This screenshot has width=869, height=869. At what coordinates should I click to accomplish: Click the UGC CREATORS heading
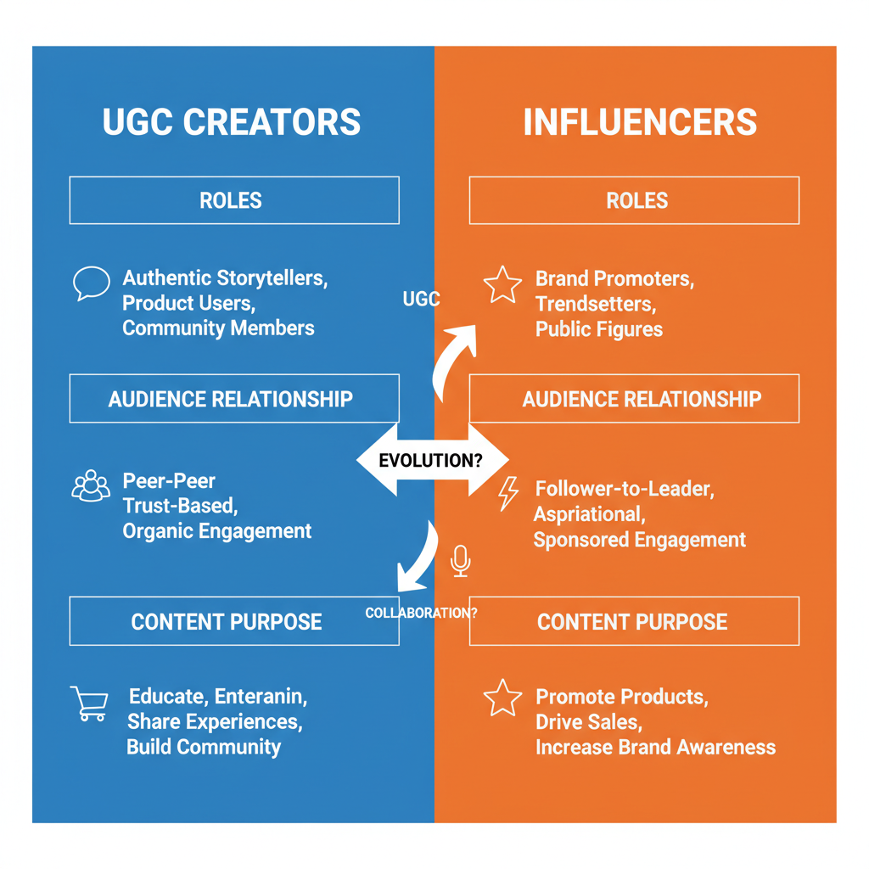[x=232, y=122]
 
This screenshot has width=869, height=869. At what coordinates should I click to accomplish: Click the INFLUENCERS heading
[x=640, y=122]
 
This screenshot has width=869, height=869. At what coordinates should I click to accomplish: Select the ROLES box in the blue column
[x=233, y=200]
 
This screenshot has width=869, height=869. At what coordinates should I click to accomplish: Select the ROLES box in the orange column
[x=635, y=200]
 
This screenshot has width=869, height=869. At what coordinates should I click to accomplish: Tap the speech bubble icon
[x=91, y=283]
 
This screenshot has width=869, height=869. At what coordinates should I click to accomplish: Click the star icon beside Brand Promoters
[x=502, y=285]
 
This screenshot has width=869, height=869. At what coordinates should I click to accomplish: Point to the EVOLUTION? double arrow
[x=431, y=461]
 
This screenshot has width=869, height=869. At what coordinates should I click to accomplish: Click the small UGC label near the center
[x=421, y=300]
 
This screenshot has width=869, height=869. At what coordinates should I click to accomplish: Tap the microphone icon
[x=460, y=561]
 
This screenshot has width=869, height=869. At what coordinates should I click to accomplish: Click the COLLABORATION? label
[x=421, y=613]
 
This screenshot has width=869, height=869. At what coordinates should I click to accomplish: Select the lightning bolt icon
[x=507, y=493]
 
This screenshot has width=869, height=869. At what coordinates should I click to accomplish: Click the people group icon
[x=91, y=486]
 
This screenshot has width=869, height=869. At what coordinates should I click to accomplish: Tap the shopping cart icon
[x=89, y=704]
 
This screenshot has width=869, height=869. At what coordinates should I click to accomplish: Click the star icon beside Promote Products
[x=502, y=698]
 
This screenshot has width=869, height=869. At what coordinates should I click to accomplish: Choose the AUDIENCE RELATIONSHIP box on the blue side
[x=233, y=399]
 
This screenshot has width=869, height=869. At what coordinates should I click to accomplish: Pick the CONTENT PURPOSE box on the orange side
[x=633, y=621]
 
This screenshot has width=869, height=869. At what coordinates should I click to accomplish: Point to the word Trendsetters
[x=595, y=304]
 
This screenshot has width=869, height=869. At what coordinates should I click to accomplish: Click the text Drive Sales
[x=588, y=722]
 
